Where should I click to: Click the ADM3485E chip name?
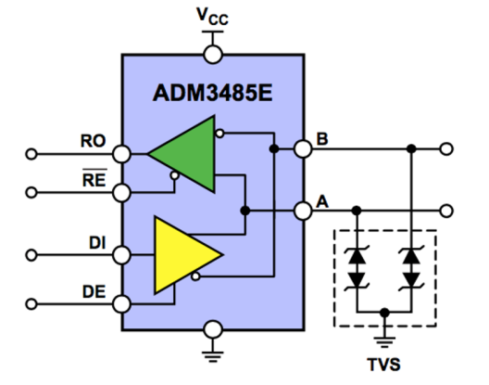pos(212,93)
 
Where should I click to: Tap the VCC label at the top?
pos(212,17)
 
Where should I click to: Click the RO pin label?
pos(93,141)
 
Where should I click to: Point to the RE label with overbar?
pos(94,178)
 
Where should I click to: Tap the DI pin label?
pos(97,243)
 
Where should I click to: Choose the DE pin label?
pos(94,292)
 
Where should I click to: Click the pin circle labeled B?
pos(303,148)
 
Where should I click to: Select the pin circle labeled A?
pos(303,211)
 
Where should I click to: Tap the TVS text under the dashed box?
pos(384,365)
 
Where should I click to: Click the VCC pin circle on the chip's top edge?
pos(213,55)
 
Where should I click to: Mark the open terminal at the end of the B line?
pos(446,148)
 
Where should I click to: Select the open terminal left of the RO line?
pos(31,154)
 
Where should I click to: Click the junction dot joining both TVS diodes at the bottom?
pos(385,312)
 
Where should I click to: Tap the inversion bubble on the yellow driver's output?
pos(195,276)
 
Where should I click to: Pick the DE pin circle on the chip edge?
pos(121,303)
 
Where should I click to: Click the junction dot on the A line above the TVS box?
pos(357,211)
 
